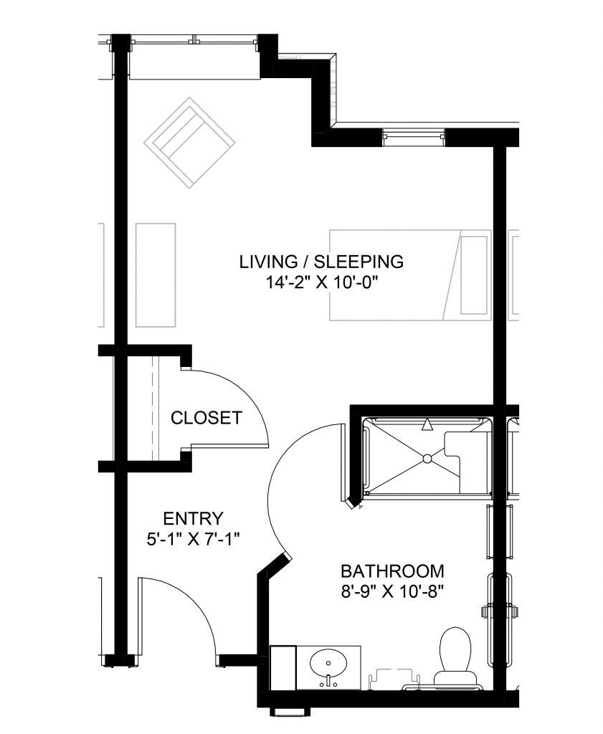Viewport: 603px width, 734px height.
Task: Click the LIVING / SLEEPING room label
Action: [x=321, y=262]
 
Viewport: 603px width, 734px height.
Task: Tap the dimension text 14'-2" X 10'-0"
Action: [x=321, y=282]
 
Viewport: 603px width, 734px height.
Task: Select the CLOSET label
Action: [x=206, y=418]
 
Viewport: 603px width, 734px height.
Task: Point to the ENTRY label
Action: [x=193, y=518]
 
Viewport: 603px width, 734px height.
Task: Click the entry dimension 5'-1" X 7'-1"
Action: [x=193, y=538]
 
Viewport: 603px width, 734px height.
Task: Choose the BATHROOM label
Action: [x=392, y=572]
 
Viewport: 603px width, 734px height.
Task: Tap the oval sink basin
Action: [x=328, y=664]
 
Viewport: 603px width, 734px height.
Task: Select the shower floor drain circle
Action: [x=427, y=457]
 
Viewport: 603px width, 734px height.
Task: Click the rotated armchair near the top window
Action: [x=189, y=143]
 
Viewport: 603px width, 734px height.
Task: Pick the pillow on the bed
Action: [x=473, y=275]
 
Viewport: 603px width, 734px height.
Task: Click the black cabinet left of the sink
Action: [x=283, y=667]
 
